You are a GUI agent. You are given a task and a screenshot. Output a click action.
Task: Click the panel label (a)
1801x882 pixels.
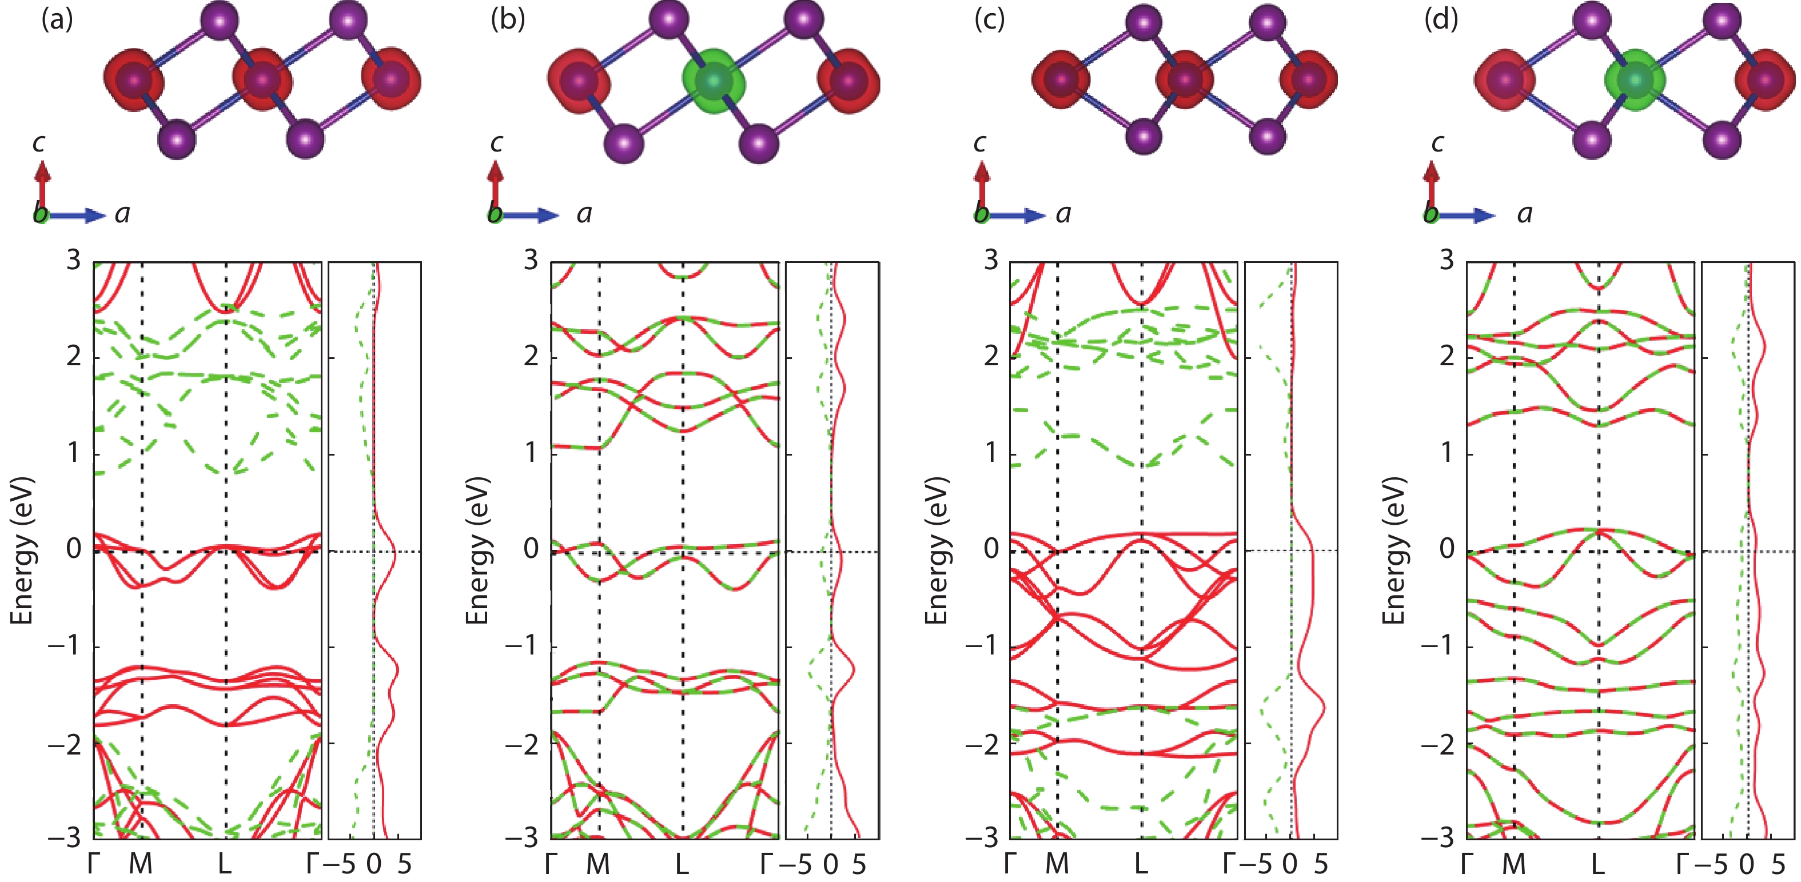(x=57, y=19)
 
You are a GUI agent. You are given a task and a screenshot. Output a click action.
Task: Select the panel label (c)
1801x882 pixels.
(x=989, y=19)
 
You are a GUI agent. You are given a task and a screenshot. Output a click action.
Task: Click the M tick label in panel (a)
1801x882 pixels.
(x=141, y=864)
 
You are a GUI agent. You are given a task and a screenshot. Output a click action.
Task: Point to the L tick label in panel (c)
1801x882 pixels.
(x=1140, y=864)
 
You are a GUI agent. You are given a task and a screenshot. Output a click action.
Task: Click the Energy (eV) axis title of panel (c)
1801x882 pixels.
(x=938, y=550)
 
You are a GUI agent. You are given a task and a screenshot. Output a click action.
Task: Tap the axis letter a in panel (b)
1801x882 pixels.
(x=584, y=214)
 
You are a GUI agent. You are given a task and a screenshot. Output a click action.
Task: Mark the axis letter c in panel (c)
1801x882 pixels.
(x=979, y=143)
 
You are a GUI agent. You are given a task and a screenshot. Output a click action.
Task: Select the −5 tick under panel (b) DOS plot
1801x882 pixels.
(x=796, y=864)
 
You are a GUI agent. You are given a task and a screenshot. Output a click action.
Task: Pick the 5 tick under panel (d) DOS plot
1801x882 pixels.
(x=1779, y=864)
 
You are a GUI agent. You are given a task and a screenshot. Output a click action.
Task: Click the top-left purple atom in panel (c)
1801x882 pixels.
(x=1144, y=23)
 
